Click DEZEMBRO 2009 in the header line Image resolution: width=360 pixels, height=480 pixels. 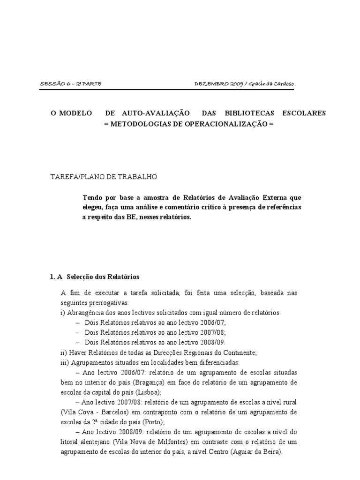[x=217, y=84]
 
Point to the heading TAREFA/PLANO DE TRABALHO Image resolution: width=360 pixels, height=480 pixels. [x=105, y=177]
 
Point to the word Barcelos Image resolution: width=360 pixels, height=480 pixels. [x=107, y=412]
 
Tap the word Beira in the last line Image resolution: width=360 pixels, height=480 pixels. [x=272, y=451]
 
